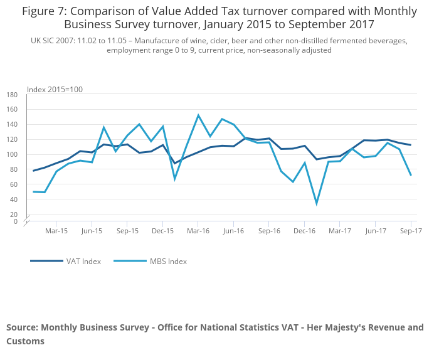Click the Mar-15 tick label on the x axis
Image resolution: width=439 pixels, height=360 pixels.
click(x=56, y=231)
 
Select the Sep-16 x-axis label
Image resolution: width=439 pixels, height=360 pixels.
click(x=269, y=231)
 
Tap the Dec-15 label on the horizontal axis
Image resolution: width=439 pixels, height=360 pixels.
click(x=162, y=231)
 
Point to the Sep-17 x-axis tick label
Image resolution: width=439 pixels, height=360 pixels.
click(x=411, y=231)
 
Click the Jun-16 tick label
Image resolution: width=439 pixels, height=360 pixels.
click(x=233, y=231)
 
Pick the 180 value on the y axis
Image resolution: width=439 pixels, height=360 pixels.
click(x=12, y=95)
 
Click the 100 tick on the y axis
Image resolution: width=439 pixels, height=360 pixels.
click(x=12, y=155)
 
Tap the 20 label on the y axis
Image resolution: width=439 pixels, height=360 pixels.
click(x=14, y=214)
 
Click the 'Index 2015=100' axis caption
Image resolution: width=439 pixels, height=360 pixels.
click(x=55, y=90)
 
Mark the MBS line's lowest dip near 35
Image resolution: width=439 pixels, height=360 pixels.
click(x=317, y=203)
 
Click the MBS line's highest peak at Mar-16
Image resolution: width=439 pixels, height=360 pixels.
click(x=198, y=115)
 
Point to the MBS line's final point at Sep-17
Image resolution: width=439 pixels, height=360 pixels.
click(x=411, y=175)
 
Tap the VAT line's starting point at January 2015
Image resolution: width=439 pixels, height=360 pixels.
click(x=33, y=171)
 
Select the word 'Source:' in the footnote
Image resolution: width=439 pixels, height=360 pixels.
click(x=22, y=327)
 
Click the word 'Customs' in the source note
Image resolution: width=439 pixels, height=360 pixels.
click(x=26, y=341)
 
